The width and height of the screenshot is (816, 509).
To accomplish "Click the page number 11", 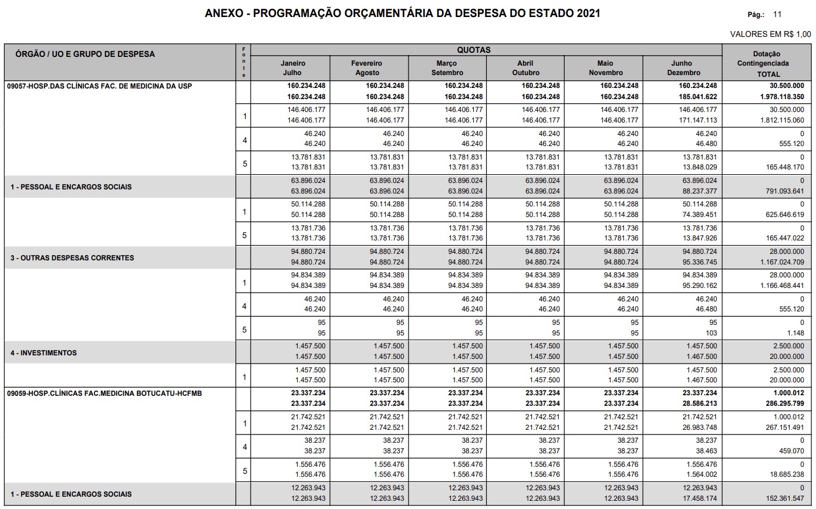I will tap(777, 14).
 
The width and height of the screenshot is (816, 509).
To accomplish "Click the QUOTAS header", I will tap(474, 50).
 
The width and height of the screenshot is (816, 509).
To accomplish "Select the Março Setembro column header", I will tap(447, 68).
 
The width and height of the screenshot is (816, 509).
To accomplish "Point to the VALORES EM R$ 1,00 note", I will tap(770, 34).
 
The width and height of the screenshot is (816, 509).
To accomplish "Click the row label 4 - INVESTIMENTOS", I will tap(43, 353).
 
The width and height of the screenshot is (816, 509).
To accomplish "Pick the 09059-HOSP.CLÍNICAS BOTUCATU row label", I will tap(104, 393).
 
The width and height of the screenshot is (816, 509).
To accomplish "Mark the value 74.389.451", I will tap(694, 215).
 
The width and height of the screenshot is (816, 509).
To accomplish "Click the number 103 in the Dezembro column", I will tap(711, 333).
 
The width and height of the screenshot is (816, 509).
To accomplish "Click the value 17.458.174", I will tap(694, 498).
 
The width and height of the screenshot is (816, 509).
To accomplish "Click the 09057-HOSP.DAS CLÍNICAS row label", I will tap(99, 86).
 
